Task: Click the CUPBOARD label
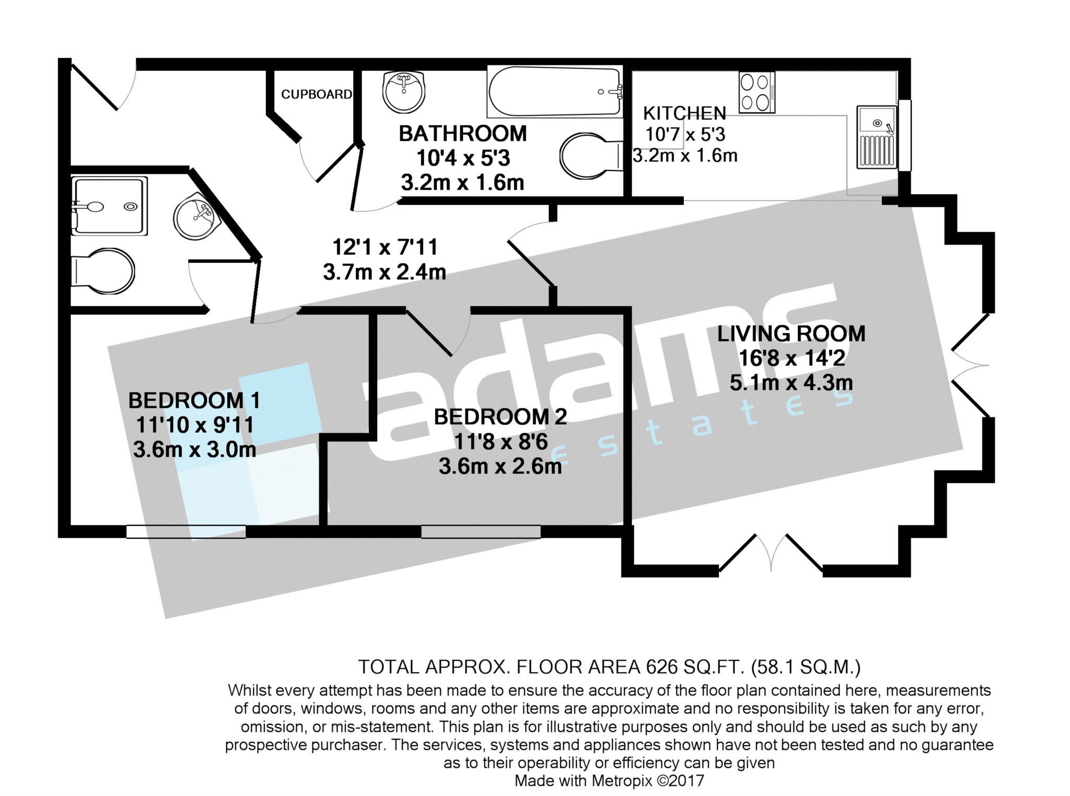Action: [x=316, y=94]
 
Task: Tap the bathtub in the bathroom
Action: [x=555, y=91]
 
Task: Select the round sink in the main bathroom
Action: [x=403, y=91]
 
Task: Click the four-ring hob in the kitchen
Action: [x=757, y=92]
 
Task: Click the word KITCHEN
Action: [x=684, y=113]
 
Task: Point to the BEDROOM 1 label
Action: [x=194, y=401]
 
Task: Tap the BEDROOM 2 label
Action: [x=500, y=417]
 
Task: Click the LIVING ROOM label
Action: [x=791, y=334]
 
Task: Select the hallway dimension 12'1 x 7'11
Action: [x=385, y=247]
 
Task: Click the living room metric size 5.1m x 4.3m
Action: [x=791, y=383]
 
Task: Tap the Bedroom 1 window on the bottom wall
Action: [x=186, y=532]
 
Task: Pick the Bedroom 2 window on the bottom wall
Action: [x=481, y=532]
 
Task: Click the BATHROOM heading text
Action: [x=463, y=134]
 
